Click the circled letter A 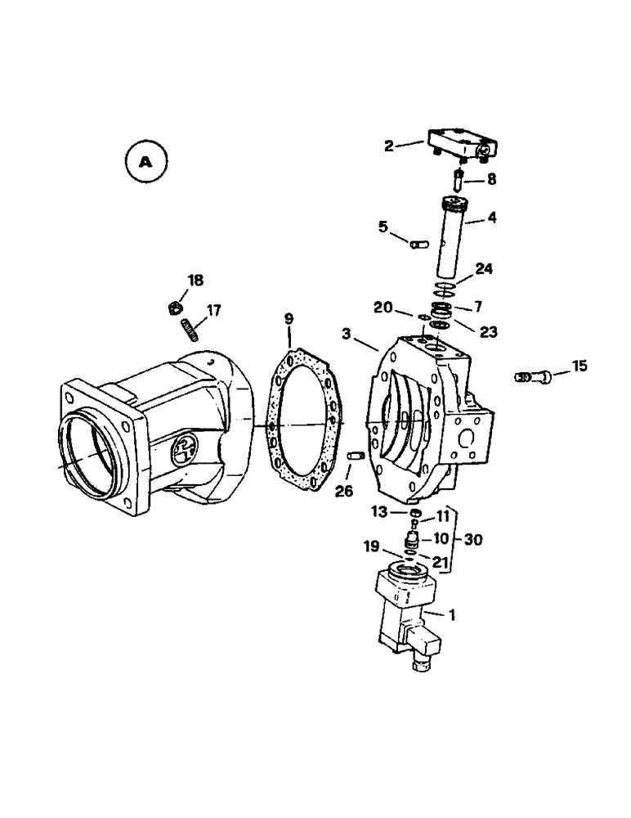coord(145,162)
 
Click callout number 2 coord(389,146)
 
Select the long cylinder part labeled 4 coord(451,241)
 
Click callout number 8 coord(493,178)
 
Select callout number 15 coord(579,366)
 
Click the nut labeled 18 coord(174,308)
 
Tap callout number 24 coord(485,269)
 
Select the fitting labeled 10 coord(414,541)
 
